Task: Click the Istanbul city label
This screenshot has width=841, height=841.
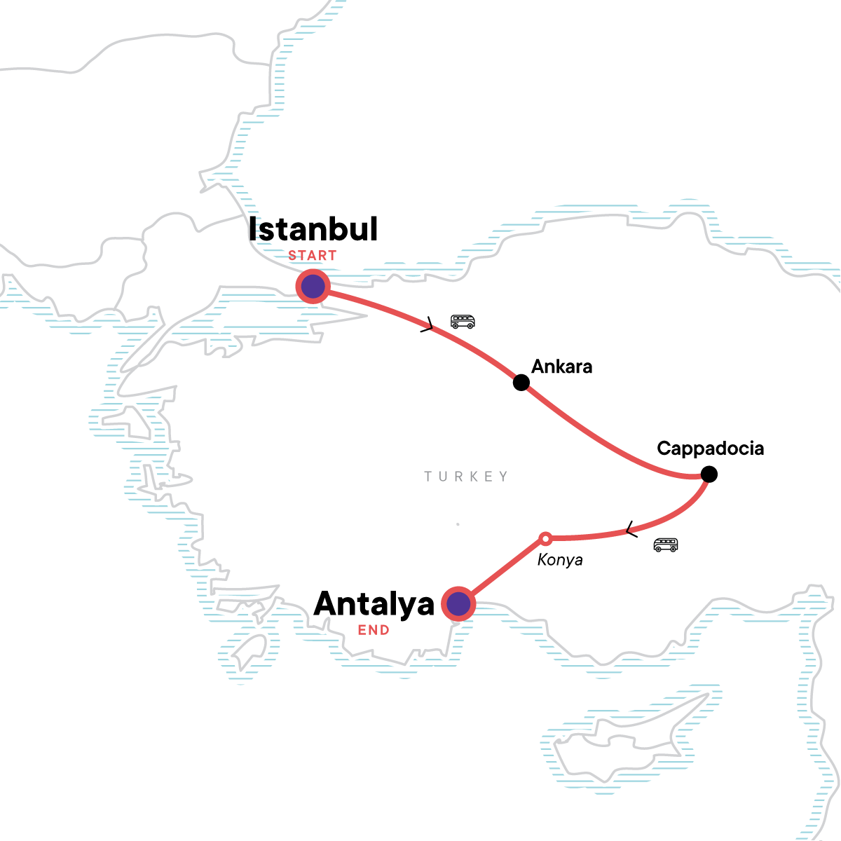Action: tap(313, 230)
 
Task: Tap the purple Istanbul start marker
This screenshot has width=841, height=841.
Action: tap(313, 286)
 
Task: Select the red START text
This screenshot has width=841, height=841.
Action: tap(313, 256)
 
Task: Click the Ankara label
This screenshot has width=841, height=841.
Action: tap(561, 367)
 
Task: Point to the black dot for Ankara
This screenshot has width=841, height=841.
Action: tap(521, 382)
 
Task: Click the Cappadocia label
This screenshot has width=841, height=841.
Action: tap(710, 449)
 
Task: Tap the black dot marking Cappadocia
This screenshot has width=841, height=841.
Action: tap(709, 474)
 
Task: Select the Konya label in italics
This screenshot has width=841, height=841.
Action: tap(560, 560)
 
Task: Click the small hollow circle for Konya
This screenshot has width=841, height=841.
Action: tap(545, 538)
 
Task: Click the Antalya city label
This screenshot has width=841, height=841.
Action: tap(374, 604)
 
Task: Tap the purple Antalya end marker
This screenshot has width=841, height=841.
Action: tap(458, 603)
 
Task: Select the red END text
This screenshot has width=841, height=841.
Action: tap(374, 630)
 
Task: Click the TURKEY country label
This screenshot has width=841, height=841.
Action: tap(466, 477)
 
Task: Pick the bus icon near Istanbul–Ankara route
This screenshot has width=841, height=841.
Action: tap(463, 322)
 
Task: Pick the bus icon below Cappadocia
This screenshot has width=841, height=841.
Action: tap(665, 545)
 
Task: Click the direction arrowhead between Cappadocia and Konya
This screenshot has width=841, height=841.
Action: tap(631, 531)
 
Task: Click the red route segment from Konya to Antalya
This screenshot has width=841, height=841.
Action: tap(501, 571)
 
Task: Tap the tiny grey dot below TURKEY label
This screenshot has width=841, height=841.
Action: tap(458, 524)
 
